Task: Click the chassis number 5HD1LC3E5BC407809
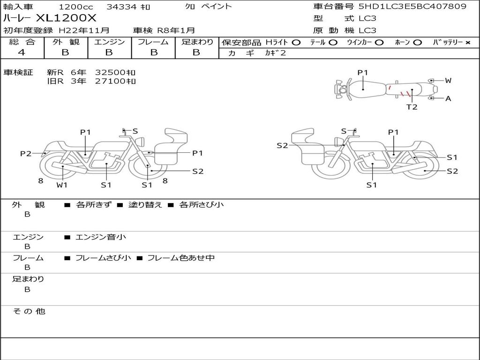pos(412,7)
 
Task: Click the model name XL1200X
pos(66,18)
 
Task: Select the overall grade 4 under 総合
pos(22,52)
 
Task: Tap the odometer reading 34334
pos(121,7)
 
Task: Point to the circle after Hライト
pos(296,43)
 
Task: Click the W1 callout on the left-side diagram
pos(62,185)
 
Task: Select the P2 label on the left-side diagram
pos(26,153)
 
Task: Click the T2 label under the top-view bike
pos(412,107)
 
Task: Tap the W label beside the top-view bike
pos(448,81)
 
